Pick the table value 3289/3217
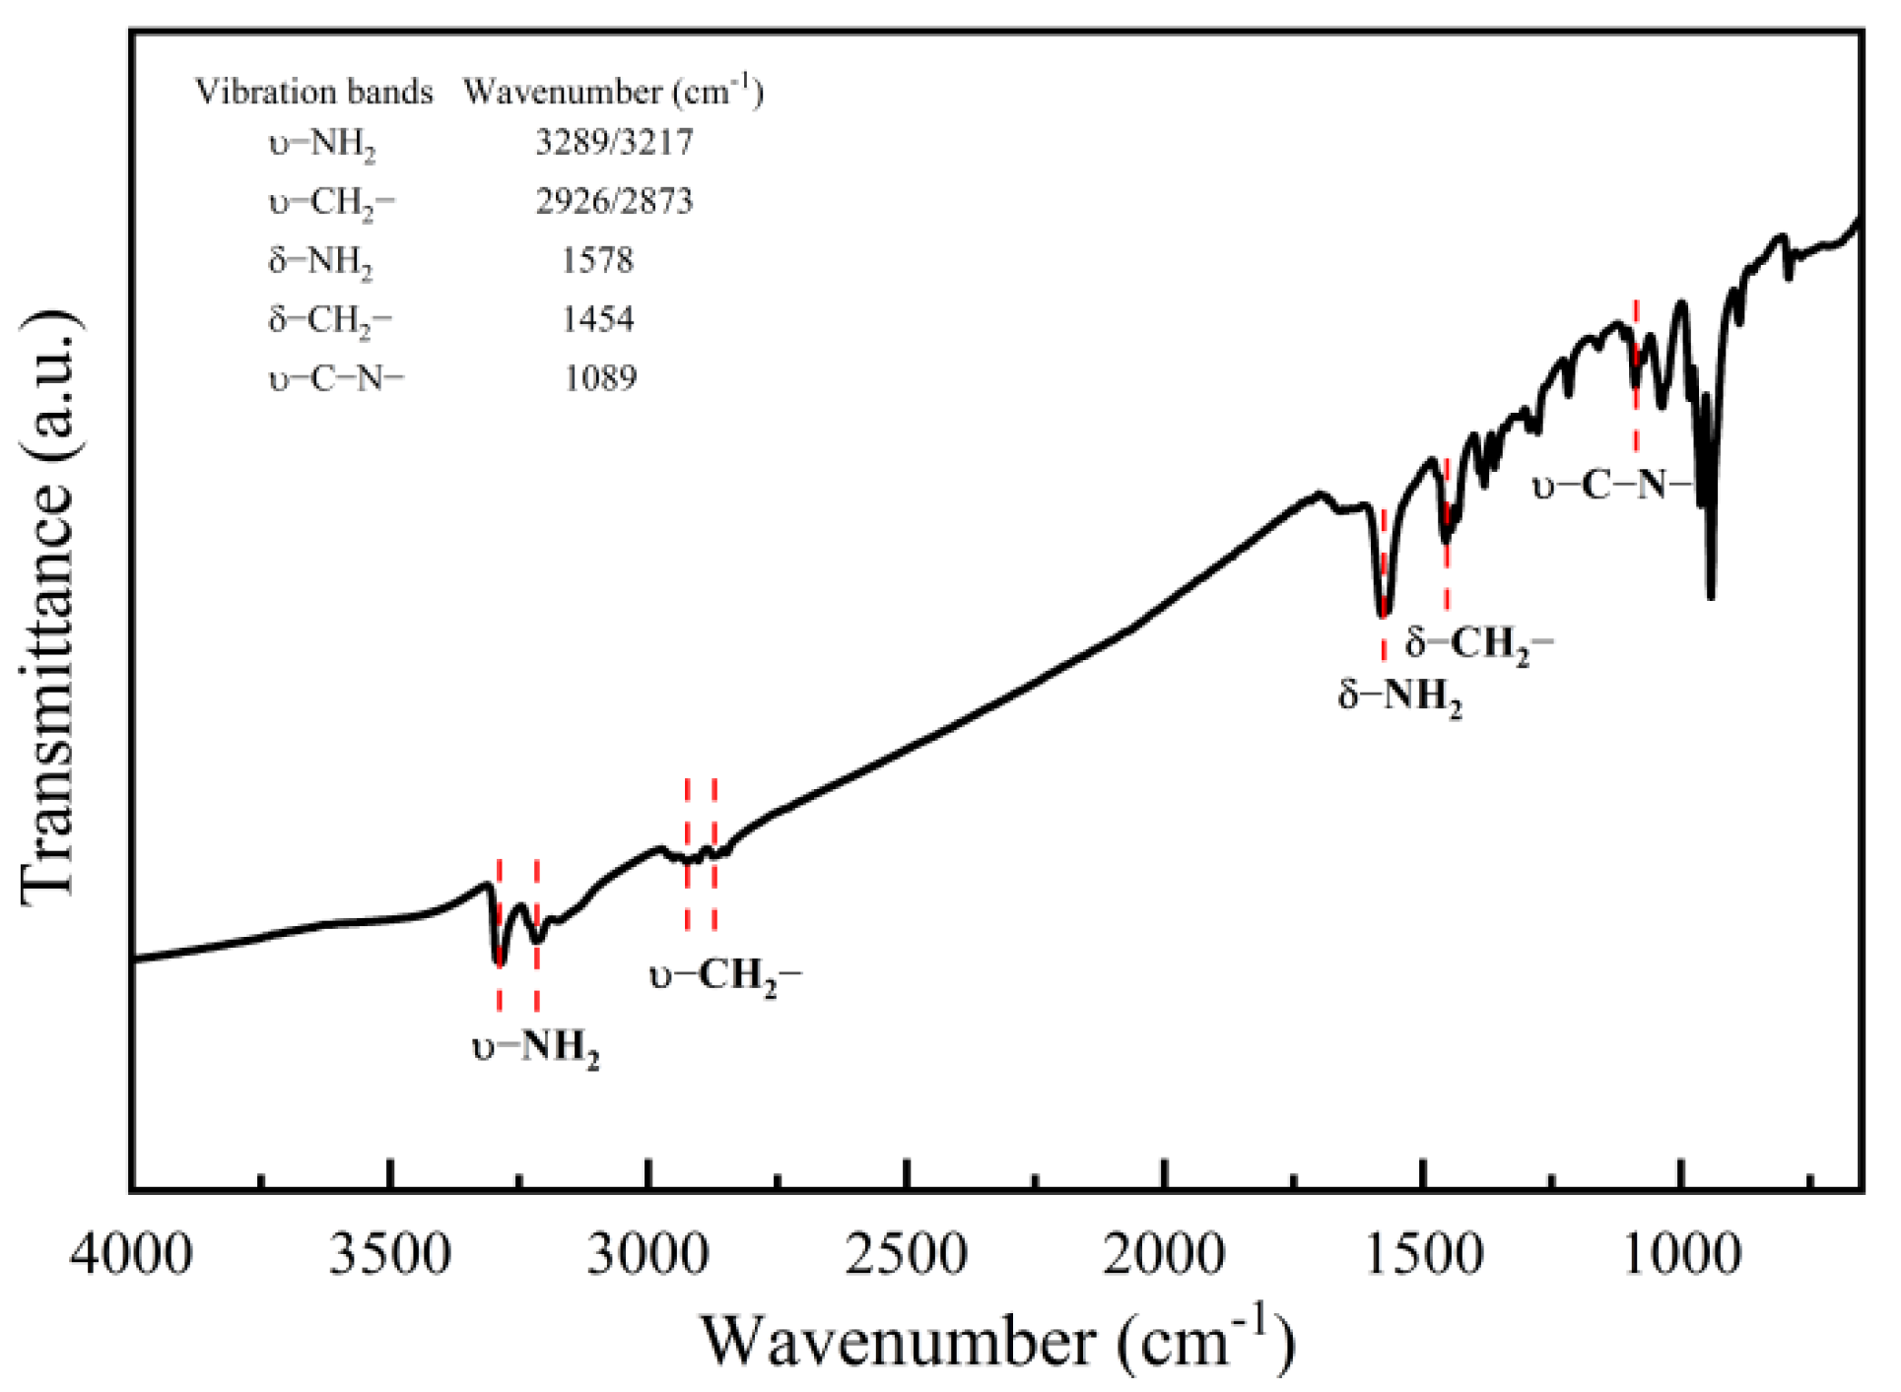[x=614, y=143]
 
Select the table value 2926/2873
[x=614, y=202]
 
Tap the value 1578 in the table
[x=597, y=261]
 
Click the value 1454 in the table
[x=597, y=319]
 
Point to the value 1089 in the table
[x=600, y=378]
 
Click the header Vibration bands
[x=313, y=92]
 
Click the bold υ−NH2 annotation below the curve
[x=535, y=1047]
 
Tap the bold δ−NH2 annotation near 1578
[x=1399, y=696]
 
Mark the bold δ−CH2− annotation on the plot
[x=1478, y=644]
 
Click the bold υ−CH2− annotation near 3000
[x=725, y=976]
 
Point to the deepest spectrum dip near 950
[x=1711, y=594]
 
